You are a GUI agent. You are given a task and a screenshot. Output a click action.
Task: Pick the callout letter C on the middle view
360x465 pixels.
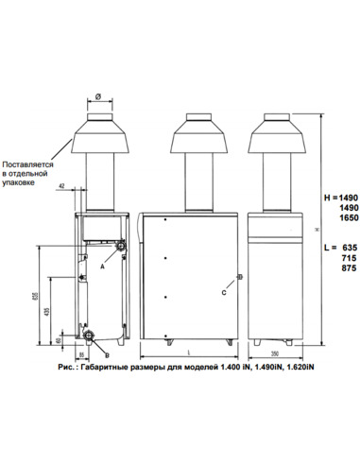tap(223, 294)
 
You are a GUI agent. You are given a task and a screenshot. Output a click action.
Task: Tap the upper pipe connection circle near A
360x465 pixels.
tap(119, 247)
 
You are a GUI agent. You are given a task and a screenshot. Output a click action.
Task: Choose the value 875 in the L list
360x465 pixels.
tap(337, 268)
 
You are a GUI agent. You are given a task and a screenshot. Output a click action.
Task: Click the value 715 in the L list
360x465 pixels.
tap(337, 257)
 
